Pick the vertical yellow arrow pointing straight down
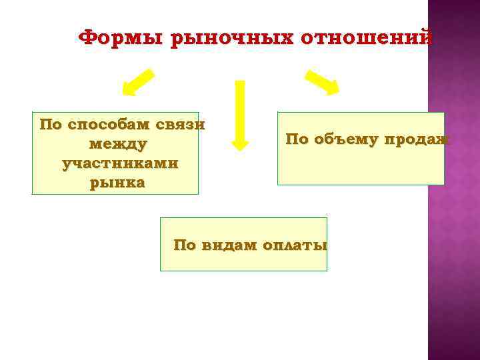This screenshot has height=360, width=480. (x=239, y=113)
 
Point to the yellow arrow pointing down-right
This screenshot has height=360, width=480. (x=322, y=81)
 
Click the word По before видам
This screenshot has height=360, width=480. (x=185, y=245)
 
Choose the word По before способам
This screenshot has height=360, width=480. (x=51, y=125)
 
